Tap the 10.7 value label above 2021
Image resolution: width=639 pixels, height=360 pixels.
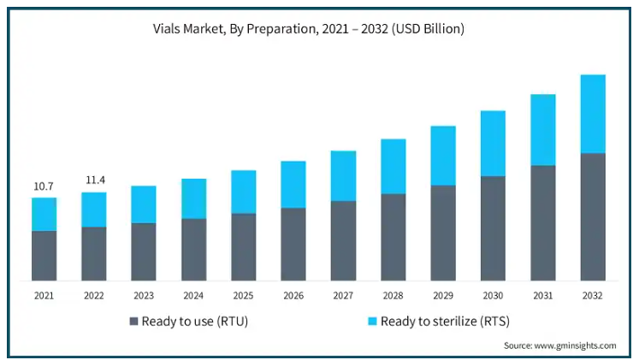[x=44, y=186]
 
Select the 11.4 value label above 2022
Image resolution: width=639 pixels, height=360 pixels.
[x=94, y=180]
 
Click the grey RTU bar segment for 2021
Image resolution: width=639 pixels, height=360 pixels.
[x=44, y=255]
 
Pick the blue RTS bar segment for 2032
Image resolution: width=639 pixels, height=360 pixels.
[x=593, y=114]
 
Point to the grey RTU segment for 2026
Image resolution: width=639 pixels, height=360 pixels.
[x=293, y=244]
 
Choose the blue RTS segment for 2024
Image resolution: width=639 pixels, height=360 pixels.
[x=193, y=198]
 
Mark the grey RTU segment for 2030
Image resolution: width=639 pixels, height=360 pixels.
[x=493, y=228]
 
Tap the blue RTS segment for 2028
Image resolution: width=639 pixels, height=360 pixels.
[x=393, y=166]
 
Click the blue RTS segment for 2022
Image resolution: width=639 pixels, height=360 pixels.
[x=94, y=210]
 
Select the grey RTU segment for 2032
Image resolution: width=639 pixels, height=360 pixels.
[x=593, y=216]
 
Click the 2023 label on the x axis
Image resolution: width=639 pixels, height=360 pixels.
[x=144, y=295]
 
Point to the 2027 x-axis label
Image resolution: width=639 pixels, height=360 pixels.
[x=343, y=295]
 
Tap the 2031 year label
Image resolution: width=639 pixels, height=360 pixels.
[x=543, y=295]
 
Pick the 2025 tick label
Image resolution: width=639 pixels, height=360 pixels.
[x=244, y=295]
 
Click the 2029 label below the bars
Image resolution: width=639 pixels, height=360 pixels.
[x=443, y=295]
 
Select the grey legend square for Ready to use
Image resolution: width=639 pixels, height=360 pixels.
[x=133, y=322]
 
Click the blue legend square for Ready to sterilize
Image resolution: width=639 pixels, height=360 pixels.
[x=372, y=322]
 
